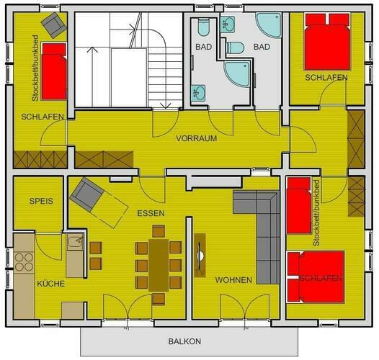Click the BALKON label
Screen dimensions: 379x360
click(184, 341)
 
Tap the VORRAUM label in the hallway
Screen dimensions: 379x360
click(196, 138)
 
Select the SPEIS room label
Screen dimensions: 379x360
click(41, 201)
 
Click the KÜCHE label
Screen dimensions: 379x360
click(50, 284)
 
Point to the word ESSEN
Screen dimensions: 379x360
click(151, 213)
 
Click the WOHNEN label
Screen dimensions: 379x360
click(233, 280)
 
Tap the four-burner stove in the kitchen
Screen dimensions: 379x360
click(24, 262)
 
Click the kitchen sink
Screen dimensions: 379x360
click(76, 242)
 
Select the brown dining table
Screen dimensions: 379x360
click(159, 265)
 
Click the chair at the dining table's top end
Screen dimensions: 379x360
click(159, 231)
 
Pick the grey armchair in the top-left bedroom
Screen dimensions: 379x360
click(53, 25)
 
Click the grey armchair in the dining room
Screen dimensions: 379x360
click(86, 194)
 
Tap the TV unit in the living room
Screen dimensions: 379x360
click(200, 255)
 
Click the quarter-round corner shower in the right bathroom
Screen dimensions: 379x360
click(269, 25)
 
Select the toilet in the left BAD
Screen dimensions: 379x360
click(203, 27)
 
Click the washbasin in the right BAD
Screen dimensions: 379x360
click(228, 24)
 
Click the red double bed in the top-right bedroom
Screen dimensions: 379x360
click(327, 42)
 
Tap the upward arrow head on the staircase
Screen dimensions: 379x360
click(92, 50)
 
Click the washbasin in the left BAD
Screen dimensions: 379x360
click(199, 93)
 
